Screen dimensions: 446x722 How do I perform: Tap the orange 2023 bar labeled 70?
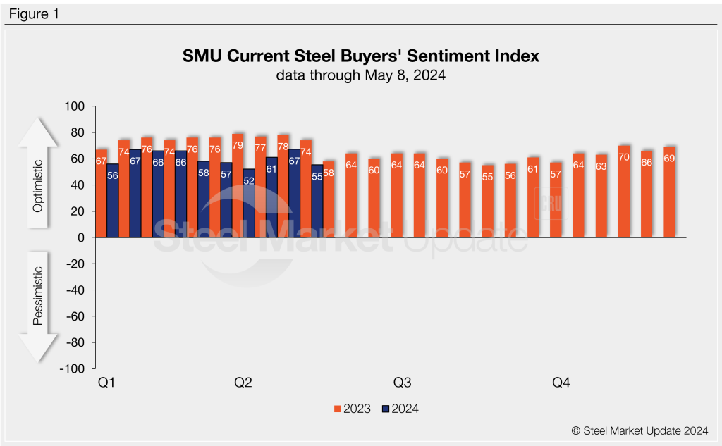click(x=623, y=192)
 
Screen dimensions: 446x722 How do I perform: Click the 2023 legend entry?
click(x=352, y=409)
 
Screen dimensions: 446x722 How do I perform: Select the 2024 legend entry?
click(x=400, y=409)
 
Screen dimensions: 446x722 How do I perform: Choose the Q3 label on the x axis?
click(x=402, y=383)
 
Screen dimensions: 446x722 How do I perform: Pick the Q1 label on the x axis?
click(x=106, y=383)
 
